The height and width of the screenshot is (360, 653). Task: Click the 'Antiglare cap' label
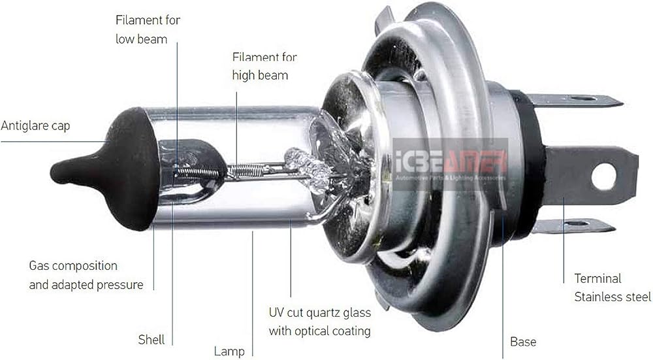click(x=35, y=125)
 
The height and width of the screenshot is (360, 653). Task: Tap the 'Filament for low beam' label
click(x=148, y=29)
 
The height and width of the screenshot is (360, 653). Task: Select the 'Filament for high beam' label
click(x=264, y=66)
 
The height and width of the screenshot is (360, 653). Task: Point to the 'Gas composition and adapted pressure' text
click(x=86, y=275)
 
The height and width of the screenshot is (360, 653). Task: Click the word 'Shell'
click(x=151, y=340)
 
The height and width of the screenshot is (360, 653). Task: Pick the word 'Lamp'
click(x=229, y=352)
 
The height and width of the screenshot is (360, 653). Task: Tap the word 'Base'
click(x=523, y=342)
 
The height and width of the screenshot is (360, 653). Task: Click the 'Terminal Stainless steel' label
click(x=613, y=287)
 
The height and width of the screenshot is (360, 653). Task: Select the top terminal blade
click(x=575, y=101)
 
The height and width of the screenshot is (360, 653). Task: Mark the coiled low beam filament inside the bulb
click(x=199, y=172)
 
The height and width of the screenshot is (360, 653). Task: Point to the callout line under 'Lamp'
click(x=253, y=294)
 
